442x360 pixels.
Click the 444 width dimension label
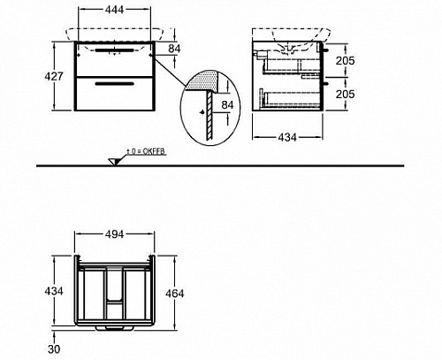(x=114, y=10)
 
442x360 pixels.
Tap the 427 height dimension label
(x=54, y=76)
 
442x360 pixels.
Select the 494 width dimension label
(x=114, y=234)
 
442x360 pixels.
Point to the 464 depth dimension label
(x=175, y=294)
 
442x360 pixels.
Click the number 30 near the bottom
(x=54, y=349)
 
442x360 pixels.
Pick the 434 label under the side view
(x=287, y=137)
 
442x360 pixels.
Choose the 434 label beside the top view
(x=54, y=291)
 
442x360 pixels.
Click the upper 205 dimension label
(x=346, y=61)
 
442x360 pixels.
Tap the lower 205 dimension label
(x=346, y=95)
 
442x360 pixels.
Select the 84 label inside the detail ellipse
(x=227, y=105)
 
